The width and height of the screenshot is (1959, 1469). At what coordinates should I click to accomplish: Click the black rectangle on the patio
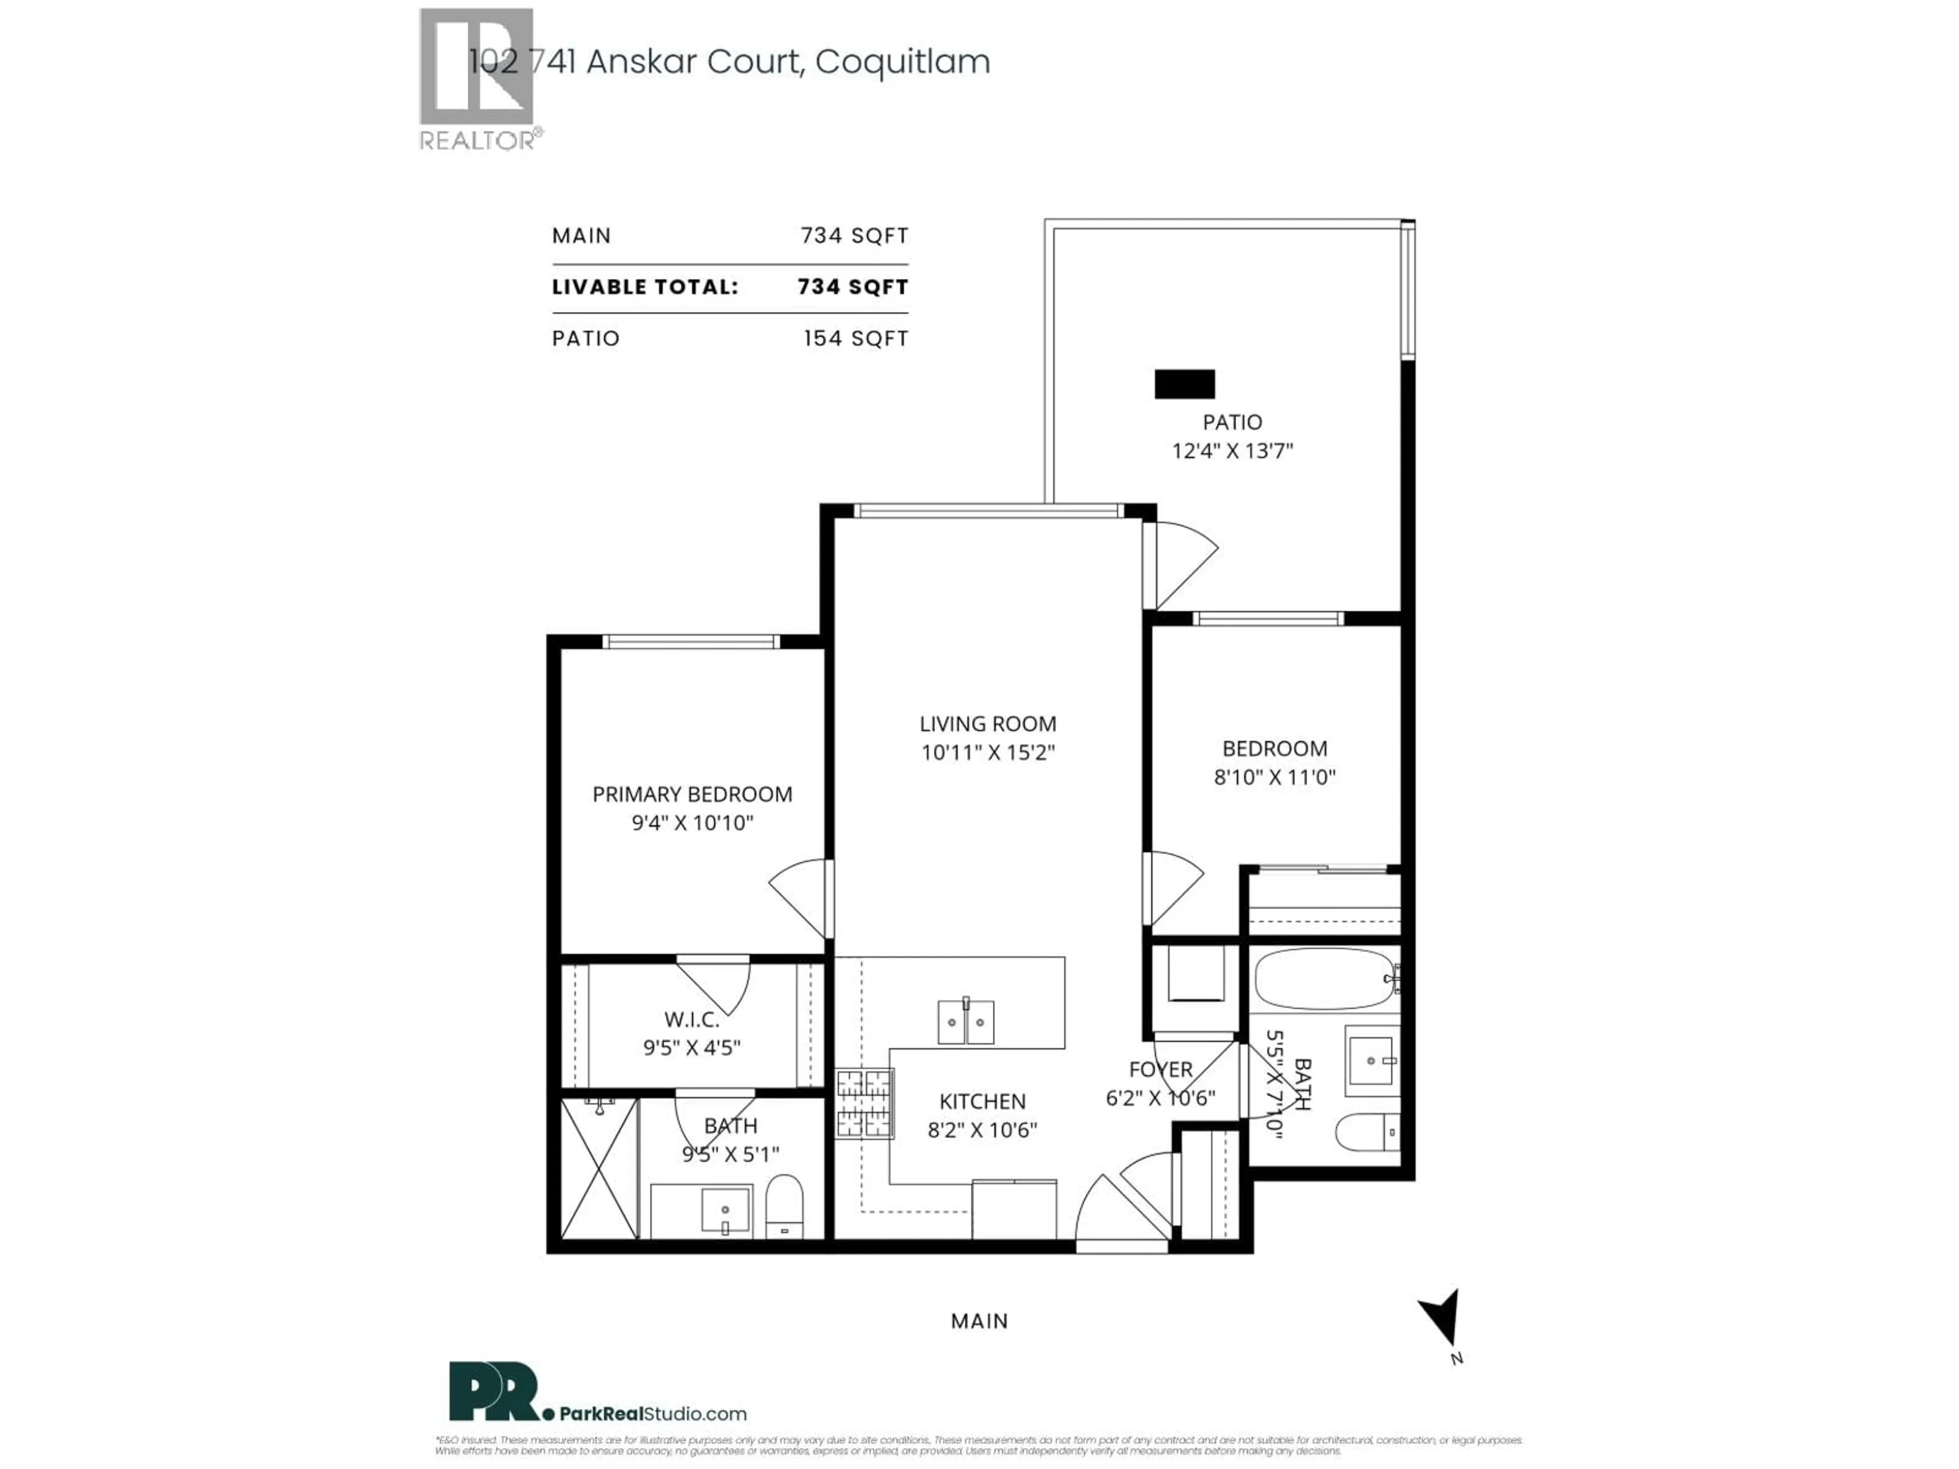[x=1184, y=384]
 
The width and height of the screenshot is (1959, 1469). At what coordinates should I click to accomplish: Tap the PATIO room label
[x=1232, y=422]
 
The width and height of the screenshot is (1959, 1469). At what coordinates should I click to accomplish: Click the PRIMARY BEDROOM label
[x=692, y=794]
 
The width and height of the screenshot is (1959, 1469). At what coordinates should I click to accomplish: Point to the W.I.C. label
[x=692, y=1019]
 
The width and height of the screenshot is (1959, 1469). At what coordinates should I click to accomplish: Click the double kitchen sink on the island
[x=965, y=1023]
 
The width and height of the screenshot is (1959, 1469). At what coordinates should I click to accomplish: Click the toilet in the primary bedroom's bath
[x=783, y=1205]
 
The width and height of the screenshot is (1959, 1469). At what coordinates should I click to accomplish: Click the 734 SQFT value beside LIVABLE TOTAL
[x=852, y=287]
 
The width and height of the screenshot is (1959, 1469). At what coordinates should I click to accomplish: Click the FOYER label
[x=1160, y=1070]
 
